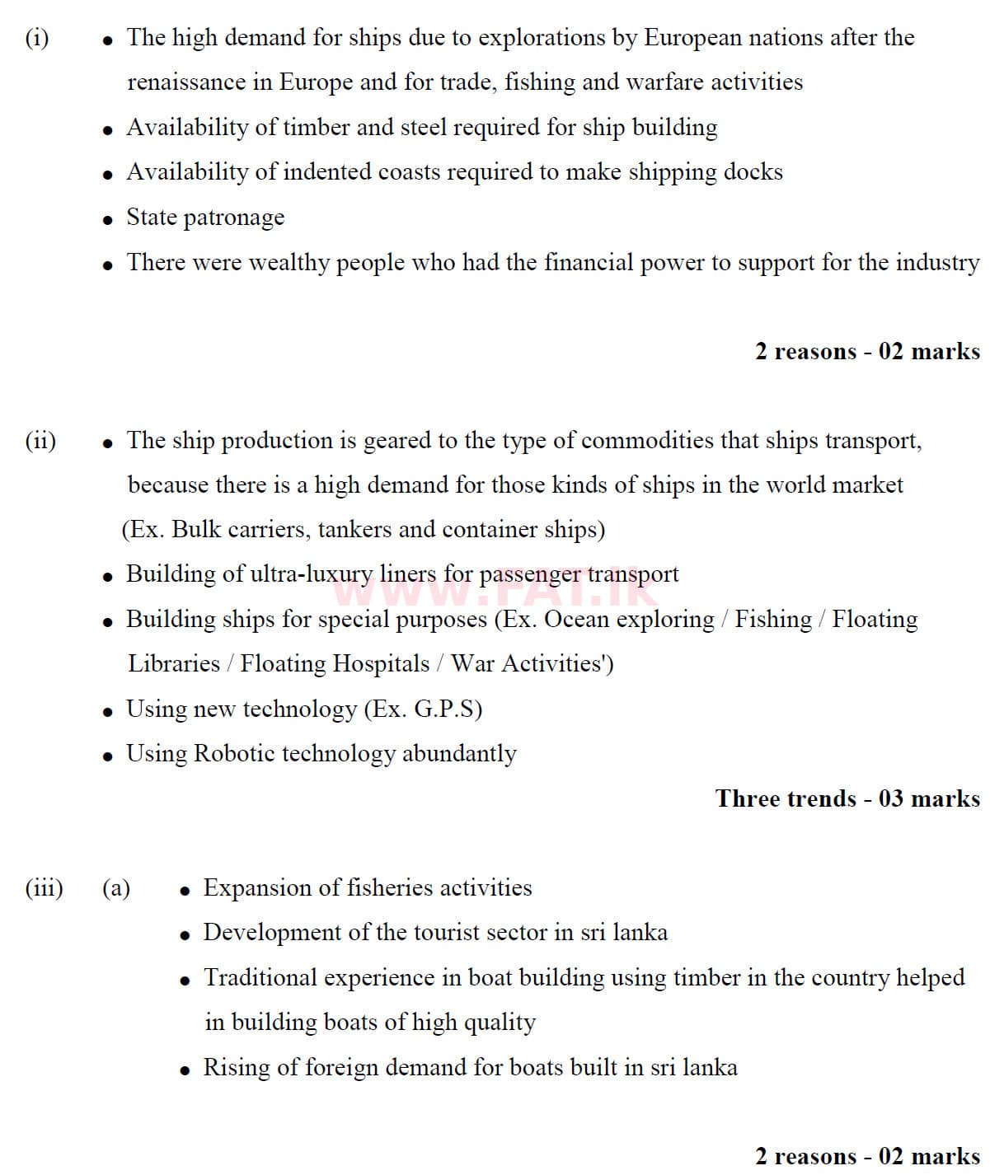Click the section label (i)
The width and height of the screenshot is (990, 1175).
pyautogui.click(x=37, y=38)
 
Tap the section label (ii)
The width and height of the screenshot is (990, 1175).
pyautogui.click(x=40, y=441)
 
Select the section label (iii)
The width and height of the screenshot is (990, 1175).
pyautogui.click(x=44, y=888)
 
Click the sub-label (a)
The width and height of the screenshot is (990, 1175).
pyautogui.click(x=115, y=888)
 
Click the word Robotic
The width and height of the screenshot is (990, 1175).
pyautogui.click(x=234, y=754)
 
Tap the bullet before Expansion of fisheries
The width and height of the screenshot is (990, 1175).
pyautogui.click(x=185, y=891)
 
